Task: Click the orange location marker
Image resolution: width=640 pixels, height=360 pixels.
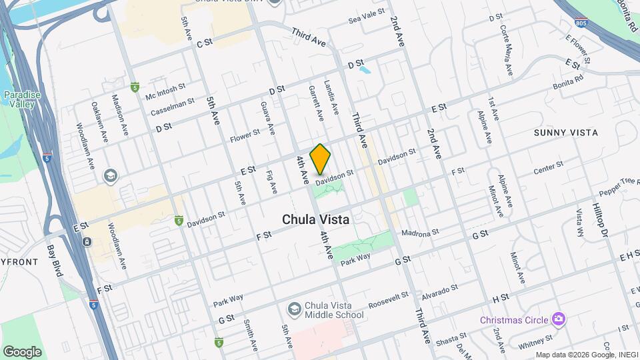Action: [321, 159]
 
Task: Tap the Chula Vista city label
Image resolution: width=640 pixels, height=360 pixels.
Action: [316, 219]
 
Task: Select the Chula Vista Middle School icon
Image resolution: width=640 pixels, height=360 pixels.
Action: [293, 309]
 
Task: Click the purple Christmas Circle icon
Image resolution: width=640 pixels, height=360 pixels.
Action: [559, 319]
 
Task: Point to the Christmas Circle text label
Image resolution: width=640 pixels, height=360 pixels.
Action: [515, 320]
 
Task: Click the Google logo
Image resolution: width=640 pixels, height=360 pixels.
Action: [22, 351]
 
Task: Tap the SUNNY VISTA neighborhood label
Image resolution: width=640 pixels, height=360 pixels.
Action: [565, 133]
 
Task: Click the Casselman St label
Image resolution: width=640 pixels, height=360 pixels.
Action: [172, 107]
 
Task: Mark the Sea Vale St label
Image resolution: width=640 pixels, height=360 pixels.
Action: [367, 17]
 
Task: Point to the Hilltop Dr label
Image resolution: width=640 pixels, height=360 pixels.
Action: [601, 221]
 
